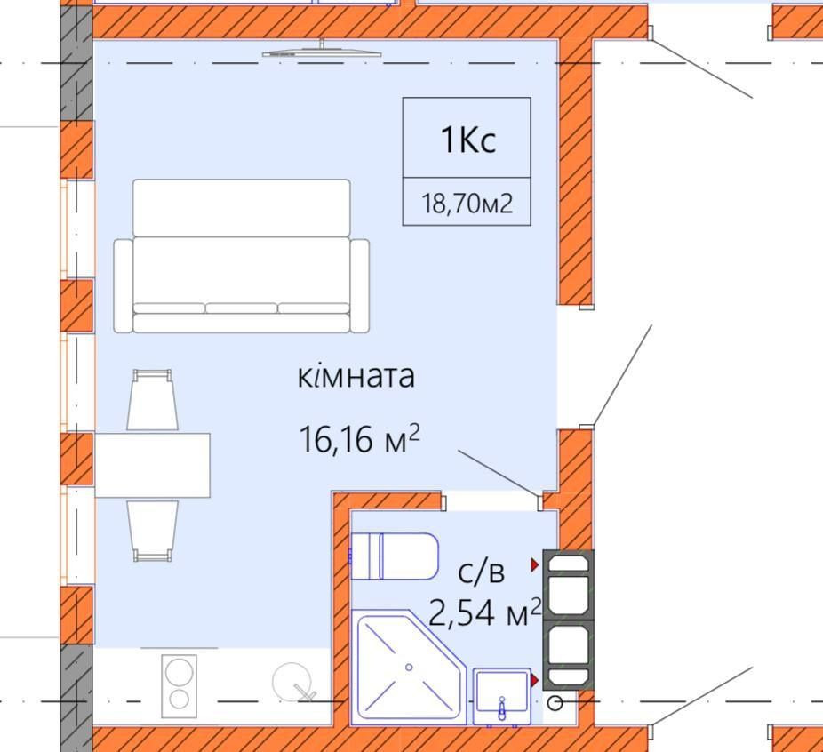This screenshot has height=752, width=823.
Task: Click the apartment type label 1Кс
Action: (467, 140)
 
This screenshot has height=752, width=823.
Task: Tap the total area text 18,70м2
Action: (467, 204)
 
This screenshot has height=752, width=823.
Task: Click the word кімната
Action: (356, 376)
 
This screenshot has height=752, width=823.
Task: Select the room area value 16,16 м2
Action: (359, 439)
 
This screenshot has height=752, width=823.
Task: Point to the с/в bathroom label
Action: (481, 573)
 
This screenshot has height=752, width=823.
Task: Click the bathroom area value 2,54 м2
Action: (484, 612)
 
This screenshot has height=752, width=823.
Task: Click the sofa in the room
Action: (241, 258)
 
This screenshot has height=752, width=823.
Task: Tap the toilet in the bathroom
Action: (395, 556)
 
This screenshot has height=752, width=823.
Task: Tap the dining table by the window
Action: (152, 466)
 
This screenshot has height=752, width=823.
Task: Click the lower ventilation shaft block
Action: (568, 657)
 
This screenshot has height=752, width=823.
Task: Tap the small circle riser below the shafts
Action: (555, 703)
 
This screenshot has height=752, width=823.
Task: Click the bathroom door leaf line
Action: (498, 472)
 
